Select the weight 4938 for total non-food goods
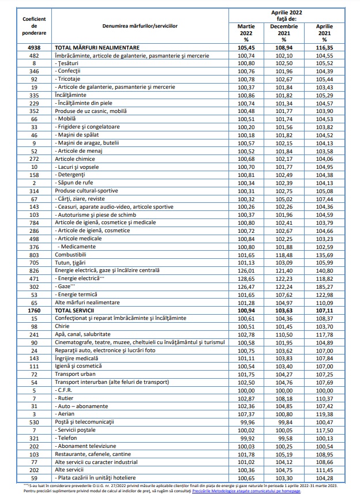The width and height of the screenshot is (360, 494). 34,48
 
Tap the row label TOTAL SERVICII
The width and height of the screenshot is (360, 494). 76,310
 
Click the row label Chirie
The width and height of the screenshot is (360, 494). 62,326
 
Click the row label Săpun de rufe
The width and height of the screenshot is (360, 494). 77,182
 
